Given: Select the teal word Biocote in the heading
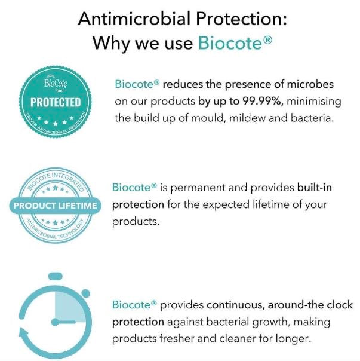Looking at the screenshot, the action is (x=230, y=42).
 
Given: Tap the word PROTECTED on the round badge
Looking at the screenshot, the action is (x=56, y=102).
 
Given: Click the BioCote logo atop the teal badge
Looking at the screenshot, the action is (x=56, y=83).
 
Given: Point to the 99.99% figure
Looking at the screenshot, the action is (x=263, y=101).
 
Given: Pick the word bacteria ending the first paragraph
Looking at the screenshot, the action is (x=312, y=118).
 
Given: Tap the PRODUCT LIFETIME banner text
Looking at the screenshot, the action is (x=55, y=206).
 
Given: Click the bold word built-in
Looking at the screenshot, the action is (x=315, y=188).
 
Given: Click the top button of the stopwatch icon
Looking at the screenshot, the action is (x=56, y=276).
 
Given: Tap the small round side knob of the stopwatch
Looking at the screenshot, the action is (x=85, y=293).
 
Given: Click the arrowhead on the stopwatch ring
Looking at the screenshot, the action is (x=24, y=334).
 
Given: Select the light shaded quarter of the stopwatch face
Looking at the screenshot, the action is (x=69, y=306).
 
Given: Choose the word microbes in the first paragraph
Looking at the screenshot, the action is (x=310, y=84).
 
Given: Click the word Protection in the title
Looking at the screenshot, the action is (x=242, y=19).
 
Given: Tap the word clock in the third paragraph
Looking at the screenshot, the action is (x=340, y=305).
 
